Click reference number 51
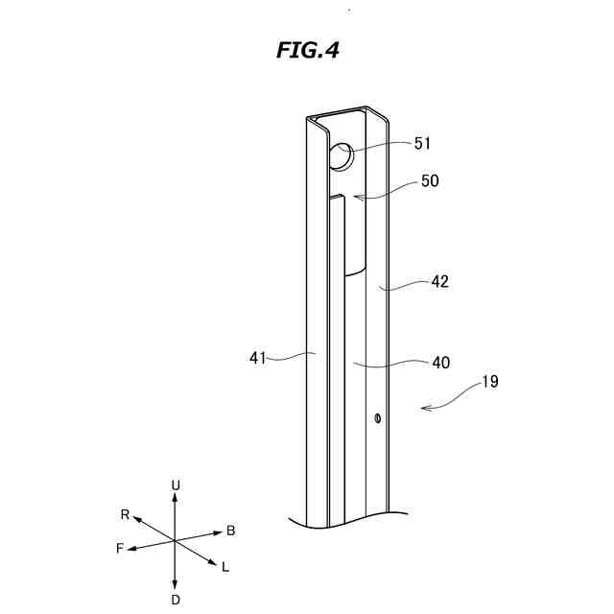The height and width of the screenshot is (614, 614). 423,143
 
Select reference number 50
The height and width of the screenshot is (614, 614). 430,180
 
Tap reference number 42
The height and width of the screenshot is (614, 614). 439,282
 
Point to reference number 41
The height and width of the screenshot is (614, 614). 257,358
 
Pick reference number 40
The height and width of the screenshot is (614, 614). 440,362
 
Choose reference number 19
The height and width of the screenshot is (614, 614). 489,382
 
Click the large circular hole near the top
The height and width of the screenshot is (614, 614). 341,155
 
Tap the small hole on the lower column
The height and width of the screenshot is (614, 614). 379,417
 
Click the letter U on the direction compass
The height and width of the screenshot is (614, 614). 175,485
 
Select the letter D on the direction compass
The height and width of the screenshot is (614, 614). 175,600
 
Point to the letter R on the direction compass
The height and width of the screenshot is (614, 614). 126,514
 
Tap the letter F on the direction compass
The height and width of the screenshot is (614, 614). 120,550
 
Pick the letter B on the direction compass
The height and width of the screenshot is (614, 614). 230,531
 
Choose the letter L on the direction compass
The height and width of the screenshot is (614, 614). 225,567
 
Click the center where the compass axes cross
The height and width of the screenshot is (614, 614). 175,542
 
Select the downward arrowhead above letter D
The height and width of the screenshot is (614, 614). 175,584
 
